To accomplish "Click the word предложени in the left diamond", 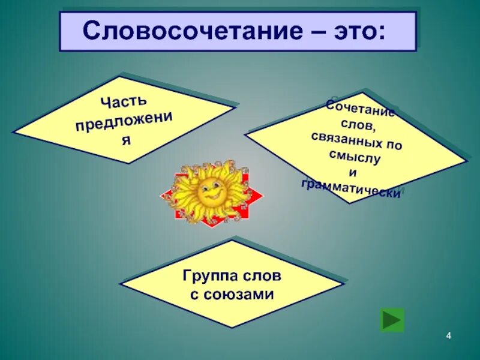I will tap(124, 122).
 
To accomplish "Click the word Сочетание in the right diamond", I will tap(360, 109).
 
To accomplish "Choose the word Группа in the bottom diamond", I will tap(208, 278).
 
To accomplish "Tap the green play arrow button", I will tap(392, 320).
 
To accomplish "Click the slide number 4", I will tap(448, 335).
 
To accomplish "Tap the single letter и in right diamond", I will tap(352, 172).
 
